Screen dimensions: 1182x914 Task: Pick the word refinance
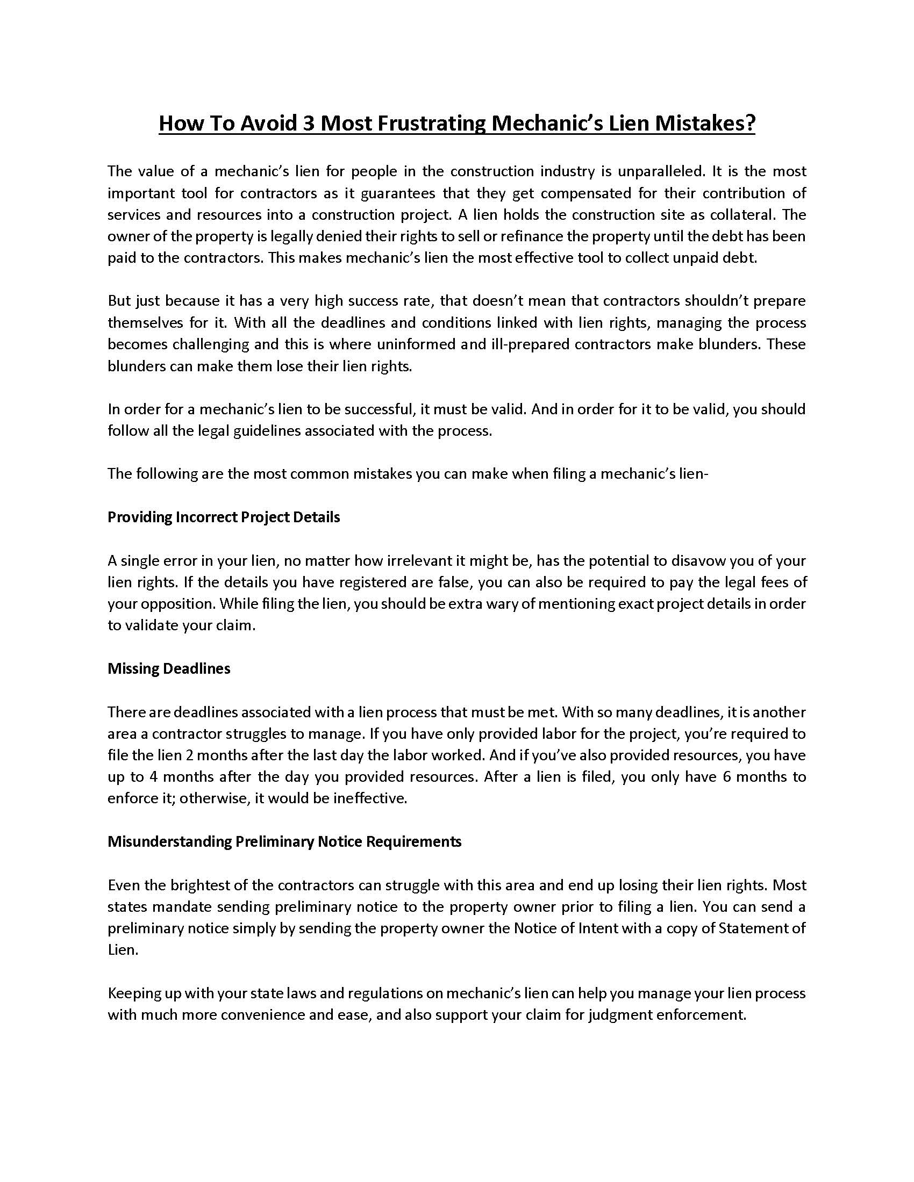pyautogui.click(x=533, y=236)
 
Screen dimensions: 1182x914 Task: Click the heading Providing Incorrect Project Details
pyautogui.click(x=224, y=517)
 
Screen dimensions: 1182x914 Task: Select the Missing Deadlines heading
pyautogui.click(x=169, y=669)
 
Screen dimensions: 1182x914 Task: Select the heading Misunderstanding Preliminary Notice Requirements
pyautogui.click(x=284, y=842)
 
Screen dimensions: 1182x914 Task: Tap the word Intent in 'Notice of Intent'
pyautogui.click(x=598, y=929)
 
